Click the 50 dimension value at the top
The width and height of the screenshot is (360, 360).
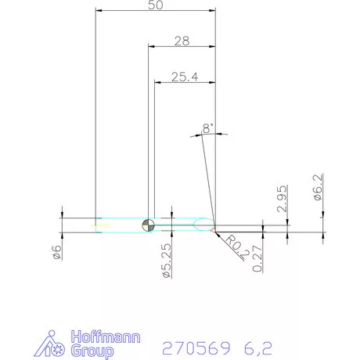[x=154, y=5]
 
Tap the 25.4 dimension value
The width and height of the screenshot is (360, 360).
[x=185, y=77]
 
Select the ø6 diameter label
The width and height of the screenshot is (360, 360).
[x=56, y=252]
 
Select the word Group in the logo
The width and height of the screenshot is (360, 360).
[x=92, y=351]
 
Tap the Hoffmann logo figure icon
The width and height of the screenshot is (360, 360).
[x=54, y=345]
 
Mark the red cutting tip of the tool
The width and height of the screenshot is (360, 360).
[x=213, y=230]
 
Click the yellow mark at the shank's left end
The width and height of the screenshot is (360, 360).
[x=100, y=225]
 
